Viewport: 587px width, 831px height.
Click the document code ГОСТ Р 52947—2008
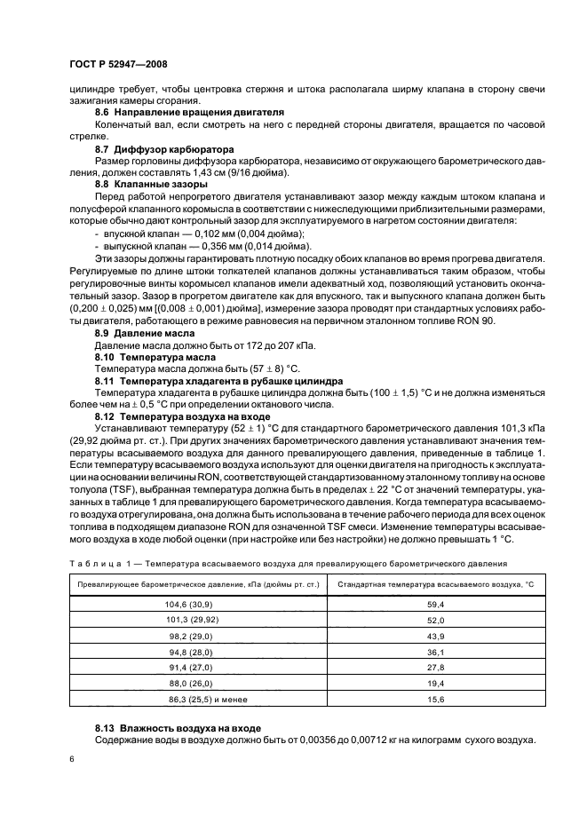coord(117,65)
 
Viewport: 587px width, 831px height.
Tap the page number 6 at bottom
coord(72,760)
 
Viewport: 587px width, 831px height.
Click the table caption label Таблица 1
coord(99,564)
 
